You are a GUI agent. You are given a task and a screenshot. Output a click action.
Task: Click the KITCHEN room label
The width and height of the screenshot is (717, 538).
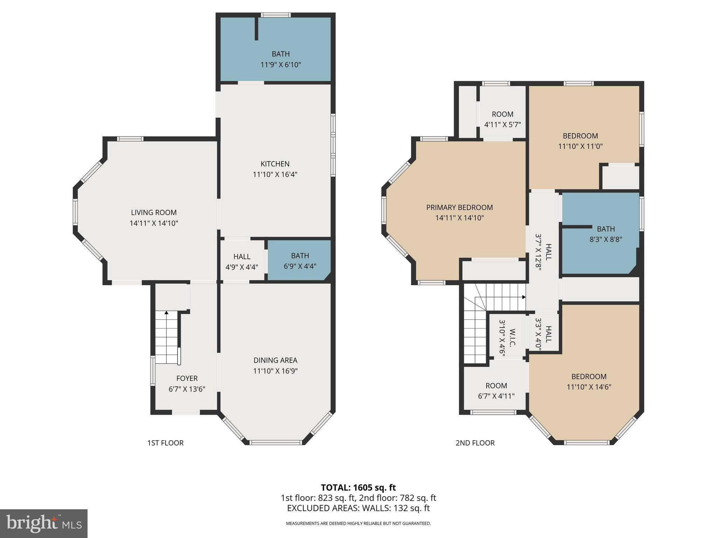(275, 164)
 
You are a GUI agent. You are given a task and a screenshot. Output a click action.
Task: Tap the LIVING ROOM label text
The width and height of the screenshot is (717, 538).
(154, 213)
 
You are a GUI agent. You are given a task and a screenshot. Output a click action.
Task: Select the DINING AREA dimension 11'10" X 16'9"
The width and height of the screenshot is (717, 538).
(275, 371)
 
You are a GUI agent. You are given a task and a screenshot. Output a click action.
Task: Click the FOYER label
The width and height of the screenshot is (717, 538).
(187, 378)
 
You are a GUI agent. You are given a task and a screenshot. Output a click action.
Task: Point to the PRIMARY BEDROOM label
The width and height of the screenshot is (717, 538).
(459, 207)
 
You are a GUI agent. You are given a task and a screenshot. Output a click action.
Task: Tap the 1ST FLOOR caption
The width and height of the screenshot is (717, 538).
(165, 443)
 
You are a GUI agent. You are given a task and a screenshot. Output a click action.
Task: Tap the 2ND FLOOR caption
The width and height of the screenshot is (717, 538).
(475, 443)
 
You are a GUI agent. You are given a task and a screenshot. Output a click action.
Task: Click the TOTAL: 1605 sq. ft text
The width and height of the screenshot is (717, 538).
(358, 488)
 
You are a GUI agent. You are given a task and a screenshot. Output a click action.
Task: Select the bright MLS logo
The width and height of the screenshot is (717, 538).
(44, 524)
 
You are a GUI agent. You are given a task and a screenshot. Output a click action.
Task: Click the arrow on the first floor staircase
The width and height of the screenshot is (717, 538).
(167, 312)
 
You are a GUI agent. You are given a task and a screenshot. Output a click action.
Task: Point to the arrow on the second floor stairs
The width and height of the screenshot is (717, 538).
(524, 297)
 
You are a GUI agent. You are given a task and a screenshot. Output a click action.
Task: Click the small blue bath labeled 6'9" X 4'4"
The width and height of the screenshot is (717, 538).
(300, 261)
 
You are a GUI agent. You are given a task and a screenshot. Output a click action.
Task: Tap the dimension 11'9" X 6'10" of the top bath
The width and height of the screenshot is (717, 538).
(280, 65)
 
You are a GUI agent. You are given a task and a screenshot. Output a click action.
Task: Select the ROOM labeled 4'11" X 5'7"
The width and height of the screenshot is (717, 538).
(502, 119)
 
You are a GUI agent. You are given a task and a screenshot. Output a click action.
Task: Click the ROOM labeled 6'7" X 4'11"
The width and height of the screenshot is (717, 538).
(496, 391)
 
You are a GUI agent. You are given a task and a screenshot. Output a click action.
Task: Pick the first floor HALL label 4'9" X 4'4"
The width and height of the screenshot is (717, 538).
(242, 262)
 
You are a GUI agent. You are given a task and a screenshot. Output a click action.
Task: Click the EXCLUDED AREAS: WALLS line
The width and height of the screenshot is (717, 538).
(358, 508)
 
